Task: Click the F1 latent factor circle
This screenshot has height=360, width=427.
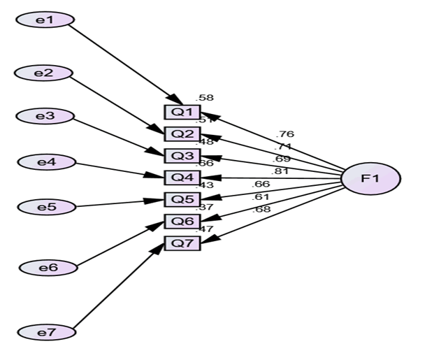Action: pos(370,179)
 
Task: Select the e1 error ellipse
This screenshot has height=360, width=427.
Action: pos(44,20)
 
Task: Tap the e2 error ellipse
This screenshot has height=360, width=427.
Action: pos(44,73)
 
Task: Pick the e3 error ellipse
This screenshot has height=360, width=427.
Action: pos(45,116)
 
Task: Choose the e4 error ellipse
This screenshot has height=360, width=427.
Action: pos(46,163)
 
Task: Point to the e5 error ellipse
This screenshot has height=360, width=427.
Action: pos(45,207)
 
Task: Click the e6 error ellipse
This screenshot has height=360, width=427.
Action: pos(47,267)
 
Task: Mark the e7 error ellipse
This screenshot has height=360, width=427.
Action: pos(46,332)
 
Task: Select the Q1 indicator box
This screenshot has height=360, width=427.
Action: pos(182,112)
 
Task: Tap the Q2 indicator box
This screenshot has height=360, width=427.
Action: pos(182,134)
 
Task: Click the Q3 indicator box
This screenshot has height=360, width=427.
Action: pos(182,155)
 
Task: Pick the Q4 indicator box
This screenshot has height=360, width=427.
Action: pos(182,178)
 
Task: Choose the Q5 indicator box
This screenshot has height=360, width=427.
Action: pos(182,199)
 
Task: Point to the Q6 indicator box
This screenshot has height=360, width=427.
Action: pos(182,222)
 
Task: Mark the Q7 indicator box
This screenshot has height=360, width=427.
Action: pos(182,243)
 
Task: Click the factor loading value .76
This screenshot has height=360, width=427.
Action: pos(285,134)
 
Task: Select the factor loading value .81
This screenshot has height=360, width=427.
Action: pos(280,171)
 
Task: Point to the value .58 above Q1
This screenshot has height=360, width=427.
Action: pos(205,97)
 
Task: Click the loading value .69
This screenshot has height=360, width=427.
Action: pos(280,159)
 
